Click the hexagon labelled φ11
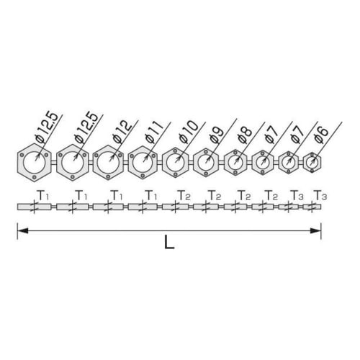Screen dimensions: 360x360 click(144, 163)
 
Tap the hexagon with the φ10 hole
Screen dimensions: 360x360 click(176, 163)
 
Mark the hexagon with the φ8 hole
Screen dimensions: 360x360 click(236, 163)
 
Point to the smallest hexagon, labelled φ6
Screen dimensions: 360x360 click(312, 163)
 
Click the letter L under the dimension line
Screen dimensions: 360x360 click(169, 243)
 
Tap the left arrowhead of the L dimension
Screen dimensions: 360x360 click(22, 230)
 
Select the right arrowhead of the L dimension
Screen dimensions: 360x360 click(316, 230)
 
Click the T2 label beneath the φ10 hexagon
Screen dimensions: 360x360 click(184, 195)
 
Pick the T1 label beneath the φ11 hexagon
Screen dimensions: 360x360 click(150, 195)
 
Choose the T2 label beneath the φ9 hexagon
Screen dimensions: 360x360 click(214, 195)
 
